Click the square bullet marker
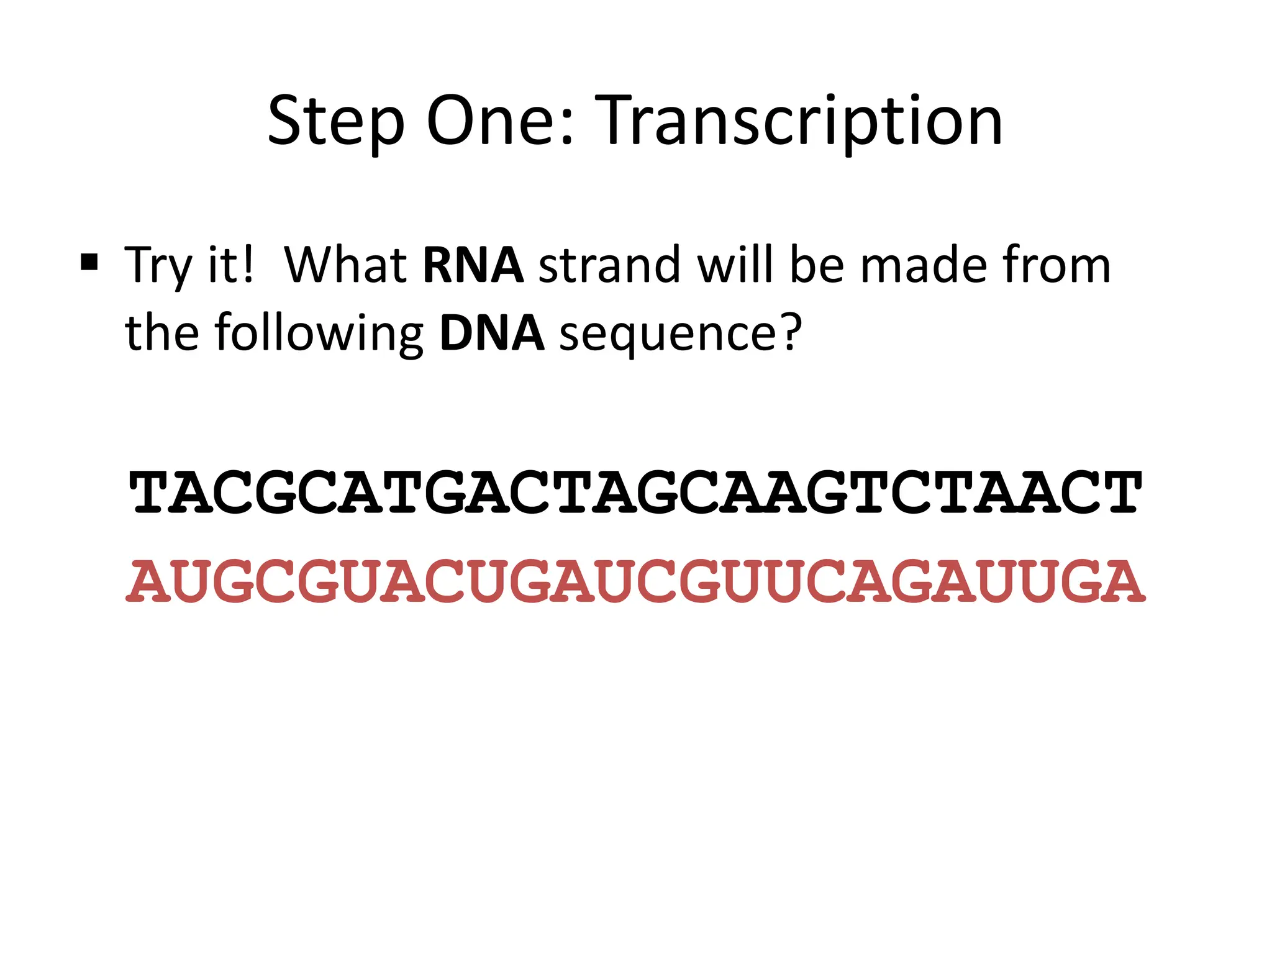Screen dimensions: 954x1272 [x=89, y=263]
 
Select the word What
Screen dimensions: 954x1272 [x=345, y=265]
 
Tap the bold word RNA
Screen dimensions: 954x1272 [x=473, y=265]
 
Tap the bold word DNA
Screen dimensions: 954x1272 [x=491, y=334]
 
